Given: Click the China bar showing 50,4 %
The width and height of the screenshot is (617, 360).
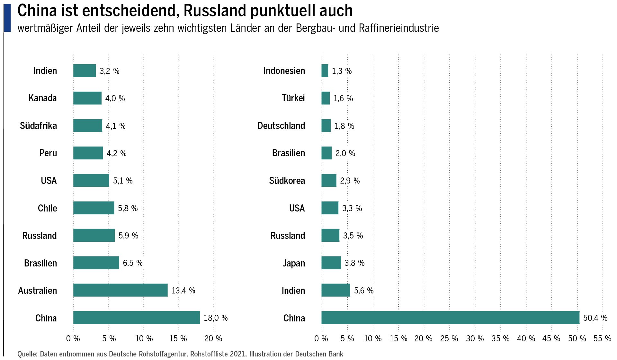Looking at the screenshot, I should click(x=450, y=318).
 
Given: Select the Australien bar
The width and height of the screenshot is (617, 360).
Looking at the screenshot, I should click(x=120, y=290).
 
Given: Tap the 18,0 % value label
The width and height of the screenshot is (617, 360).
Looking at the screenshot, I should click(x=216, y=318).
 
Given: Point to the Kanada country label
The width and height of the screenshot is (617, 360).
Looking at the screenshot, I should click(x=42, y=98).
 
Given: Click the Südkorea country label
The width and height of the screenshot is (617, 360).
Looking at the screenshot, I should click(x=287, y=181).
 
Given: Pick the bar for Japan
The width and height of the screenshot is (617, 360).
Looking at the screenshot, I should click(x=331, y=263).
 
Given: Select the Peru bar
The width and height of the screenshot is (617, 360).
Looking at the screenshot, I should click(x=88, y=153).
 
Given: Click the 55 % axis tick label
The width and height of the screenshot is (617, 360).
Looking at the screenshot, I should click(x=602, y=338).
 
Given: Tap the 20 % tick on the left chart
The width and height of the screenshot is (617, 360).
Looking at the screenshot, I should click(x=213, y=338).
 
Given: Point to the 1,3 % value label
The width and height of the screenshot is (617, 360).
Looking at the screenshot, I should click(x=342, y=71).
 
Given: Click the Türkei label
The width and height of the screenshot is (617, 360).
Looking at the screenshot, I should click(x=293, y=98).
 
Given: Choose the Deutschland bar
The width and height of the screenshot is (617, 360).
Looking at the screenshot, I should click(x=326, y=126).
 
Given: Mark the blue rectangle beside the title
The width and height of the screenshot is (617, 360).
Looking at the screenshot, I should click(x=7, y=18).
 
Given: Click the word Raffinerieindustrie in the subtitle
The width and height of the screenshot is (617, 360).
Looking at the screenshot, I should click(x=398, y=28).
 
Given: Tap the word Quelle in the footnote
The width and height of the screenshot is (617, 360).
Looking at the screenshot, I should click(x=27, y=354).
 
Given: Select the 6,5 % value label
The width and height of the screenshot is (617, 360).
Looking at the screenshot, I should click(x=132, y=263).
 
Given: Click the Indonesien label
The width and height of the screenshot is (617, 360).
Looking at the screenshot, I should click(x=284, y=71).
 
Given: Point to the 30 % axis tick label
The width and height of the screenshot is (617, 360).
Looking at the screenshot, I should click(x=475, y=338).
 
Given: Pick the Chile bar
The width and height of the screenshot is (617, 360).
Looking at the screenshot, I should click(x=94, y=208).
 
